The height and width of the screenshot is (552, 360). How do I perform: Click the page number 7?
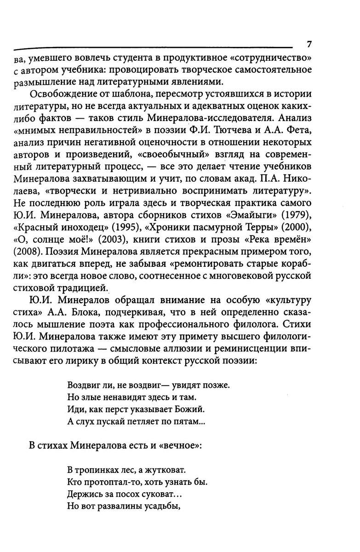(x=309, y=44)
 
